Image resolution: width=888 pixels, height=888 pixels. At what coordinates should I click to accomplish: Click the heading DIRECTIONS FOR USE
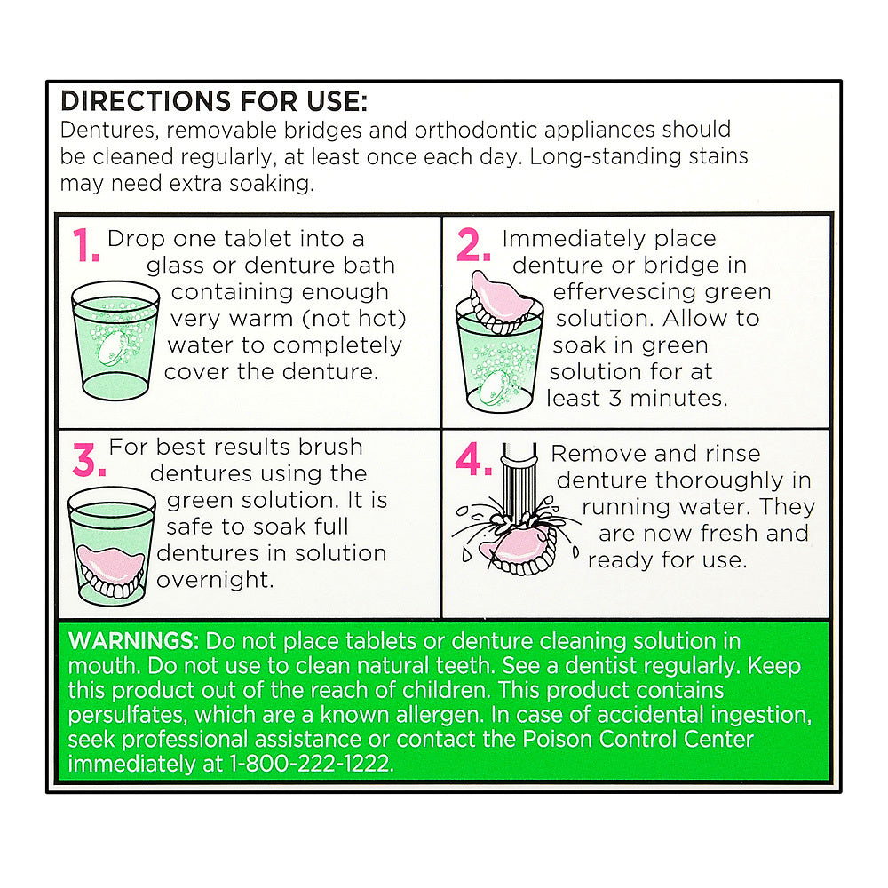[214, 101]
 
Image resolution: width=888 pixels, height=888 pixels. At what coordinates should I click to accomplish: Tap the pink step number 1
[85, 245]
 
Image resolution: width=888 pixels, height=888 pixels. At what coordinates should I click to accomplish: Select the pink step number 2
[473, 245]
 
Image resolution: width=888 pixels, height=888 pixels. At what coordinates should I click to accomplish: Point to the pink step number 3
[89, 459]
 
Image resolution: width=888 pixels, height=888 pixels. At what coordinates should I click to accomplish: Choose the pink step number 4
[473, 458]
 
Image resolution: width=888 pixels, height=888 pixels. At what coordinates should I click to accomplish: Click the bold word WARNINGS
[133, 641]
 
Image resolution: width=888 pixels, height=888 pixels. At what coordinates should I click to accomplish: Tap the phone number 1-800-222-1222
[311, 764]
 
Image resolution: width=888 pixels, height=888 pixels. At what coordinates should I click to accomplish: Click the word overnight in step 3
[215, 580]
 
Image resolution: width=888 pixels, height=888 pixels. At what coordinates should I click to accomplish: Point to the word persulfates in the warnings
[127, 715]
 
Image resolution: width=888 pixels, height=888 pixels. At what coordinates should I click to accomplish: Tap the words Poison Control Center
[638, 739]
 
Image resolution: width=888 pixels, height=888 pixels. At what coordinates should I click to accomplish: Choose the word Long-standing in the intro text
[605, 157]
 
